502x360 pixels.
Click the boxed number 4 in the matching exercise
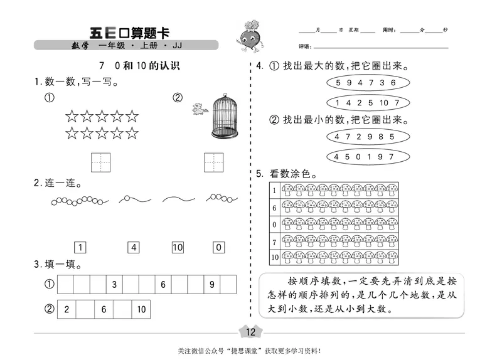coord(134,247)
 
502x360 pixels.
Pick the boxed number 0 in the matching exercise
coord(218,247)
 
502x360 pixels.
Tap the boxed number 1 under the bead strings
coord(80,247)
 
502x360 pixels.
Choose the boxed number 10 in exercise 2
coord(178,247)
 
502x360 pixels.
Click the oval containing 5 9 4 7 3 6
coord(365,83)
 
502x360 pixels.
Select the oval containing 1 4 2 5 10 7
coord(365,102)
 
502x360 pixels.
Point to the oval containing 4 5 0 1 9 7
coord(365,156)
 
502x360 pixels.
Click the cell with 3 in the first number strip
coord(114,285)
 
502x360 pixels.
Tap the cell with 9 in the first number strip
coord(212,285)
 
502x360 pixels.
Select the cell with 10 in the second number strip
coord(141,309)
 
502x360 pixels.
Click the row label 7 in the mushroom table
coord(274,241)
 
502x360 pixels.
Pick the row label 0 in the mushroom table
coord(274,224)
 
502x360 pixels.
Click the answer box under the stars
coord(100,162)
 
